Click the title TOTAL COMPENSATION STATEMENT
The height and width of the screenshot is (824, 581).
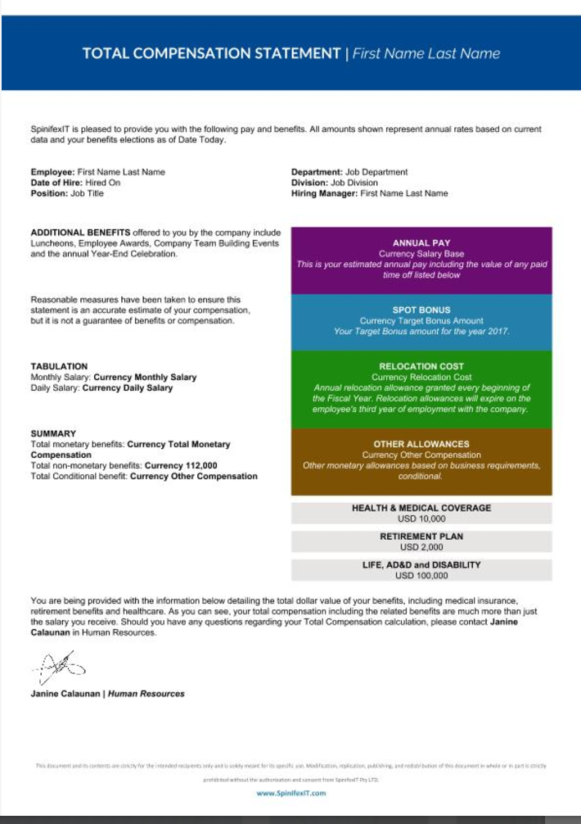211,54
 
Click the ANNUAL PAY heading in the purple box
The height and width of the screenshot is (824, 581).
421,243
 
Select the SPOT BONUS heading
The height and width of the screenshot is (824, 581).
421,310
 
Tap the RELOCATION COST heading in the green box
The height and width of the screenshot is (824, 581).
421,366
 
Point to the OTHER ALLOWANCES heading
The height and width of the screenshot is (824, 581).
421,444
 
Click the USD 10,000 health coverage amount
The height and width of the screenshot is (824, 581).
421,518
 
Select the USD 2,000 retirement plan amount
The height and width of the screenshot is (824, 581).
421,547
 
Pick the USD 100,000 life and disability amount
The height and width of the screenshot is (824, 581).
421,576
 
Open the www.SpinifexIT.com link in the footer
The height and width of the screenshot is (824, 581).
290,793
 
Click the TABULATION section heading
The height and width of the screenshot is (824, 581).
59,366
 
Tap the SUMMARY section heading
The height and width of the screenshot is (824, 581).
53,433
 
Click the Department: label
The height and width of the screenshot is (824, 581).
318,172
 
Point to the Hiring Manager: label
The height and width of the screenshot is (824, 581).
325,193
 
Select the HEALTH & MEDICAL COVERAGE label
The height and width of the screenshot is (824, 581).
421,508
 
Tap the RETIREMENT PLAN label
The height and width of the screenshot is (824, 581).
421,537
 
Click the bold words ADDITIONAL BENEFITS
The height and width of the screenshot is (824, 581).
79,233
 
